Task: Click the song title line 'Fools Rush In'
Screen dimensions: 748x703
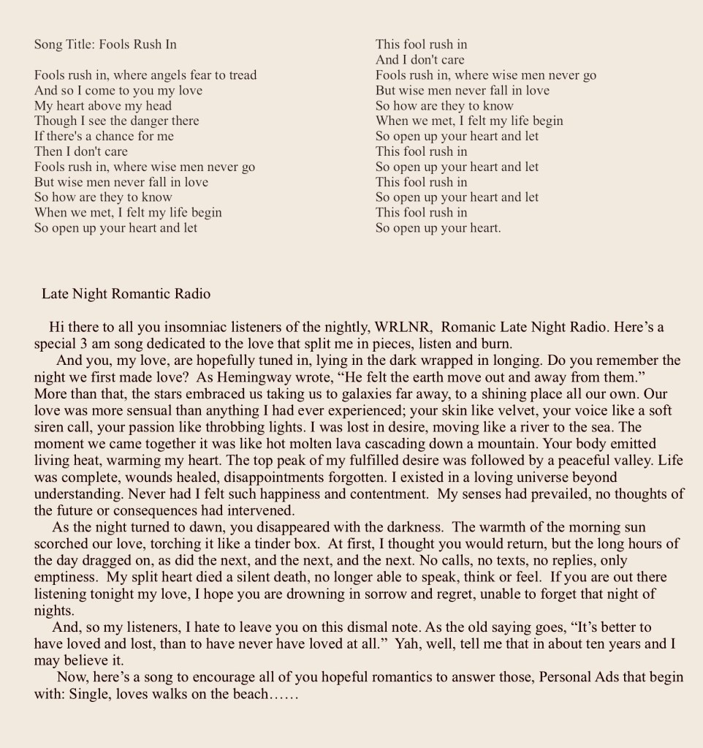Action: [105, 45]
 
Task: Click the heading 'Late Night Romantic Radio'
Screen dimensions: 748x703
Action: [126, 295]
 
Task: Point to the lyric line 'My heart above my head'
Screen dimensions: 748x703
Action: [103, 105]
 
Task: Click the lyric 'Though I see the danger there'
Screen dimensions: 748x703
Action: [116, 121]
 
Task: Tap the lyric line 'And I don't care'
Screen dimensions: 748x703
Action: [419, 60]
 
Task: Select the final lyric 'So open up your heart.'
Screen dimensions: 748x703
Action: [438, 227]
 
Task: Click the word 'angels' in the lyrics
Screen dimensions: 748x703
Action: [171, 75]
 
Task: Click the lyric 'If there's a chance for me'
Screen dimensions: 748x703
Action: [104, 136]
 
